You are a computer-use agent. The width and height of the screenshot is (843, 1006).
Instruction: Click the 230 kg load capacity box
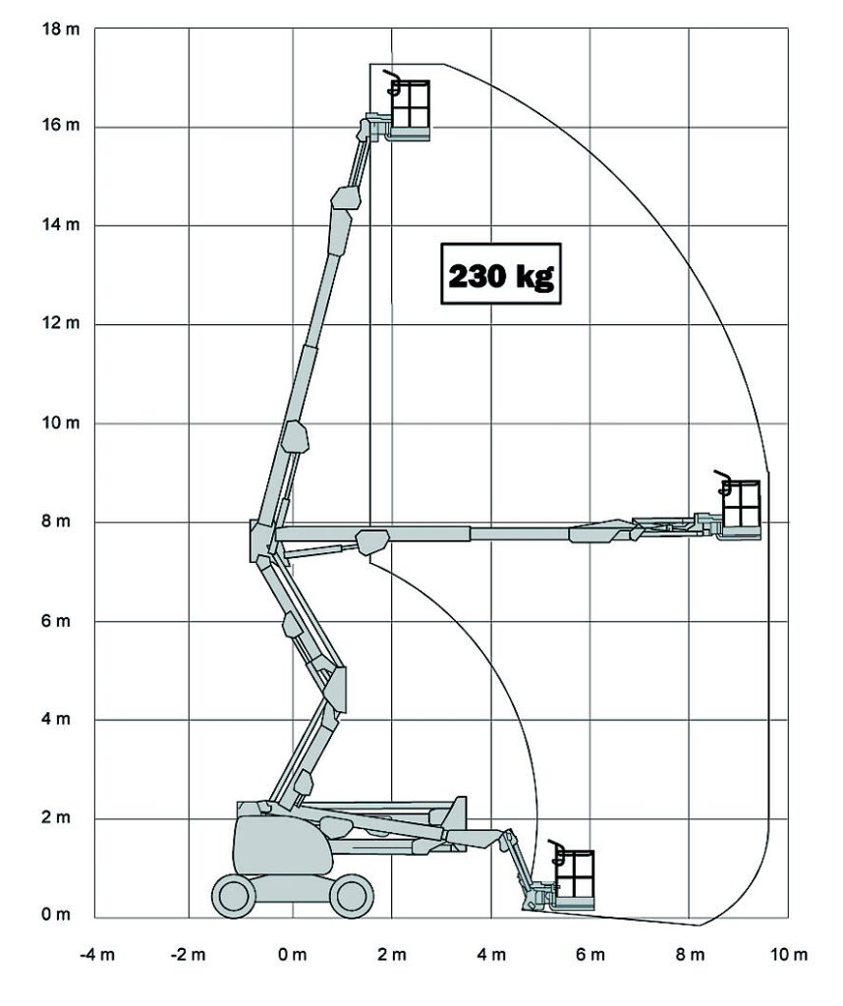point(500,274)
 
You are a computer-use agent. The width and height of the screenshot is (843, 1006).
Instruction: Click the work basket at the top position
point(409,108)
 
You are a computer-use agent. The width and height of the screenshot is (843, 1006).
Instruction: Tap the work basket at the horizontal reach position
point(741,508)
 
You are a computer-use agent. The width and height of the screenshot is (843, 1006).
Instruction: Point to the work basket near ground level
point(574,876)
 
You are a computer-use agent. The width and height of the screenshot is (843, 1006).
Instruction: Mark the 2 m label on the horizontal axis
point(392,955)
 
